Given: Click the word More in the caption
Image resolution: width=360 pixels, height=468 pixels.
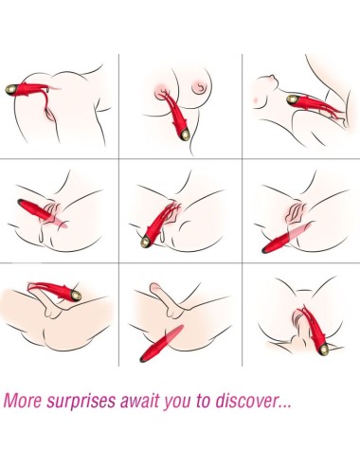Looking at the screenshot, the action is pos(23,401).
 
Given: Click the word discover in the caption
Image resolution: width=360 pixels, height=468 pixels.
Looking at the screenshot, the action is pos(245,400).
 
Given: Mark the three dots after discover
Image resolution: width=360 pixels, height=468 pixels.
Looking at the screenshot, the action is pos(283,405).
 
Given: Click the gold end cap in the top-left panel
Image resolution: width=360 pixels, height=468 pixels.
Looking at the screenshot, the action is pos(12,89).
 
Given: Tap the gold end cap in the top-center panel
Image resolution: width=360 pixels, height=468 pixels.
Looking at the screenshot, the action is pos(186,135).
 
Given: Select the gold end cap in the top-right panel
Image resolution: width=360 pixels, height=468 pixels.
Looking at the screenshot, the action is pos(293,99).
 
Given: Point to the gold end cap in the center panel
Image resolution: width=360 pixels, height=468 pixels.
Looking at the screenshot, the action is pos(146,243).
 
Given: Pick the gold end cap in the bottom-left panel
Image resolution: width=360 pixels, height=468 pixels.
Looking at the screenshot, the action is pos(76,296).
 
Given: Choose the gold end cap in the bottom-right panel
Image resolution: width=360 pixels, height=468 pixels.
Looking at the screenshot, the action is pos(323,350).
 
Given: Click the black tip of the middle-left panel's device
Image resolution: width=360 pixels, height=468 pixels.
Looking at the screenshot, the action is pos(21,202).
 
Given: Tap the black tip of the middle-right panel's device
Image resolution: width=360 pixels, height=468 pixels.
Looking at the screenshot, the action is pos(264,251).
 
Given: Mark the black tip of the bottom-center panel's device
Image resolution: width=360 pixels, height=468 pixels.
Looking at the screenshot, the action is pos(143,359).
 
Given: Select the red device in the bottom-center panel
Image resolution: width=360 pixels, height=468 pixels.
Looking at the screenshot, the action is pos(162,343).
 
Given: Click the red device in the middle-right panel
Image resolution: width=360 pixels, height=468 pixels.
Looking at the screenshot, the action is pos(287,238).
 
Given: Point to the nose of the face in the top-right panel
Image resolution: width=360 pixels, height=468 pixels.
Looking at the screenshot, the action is pos(272,77).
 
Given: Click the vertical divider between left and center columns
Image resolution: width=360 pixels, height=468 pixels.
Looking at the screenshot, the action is pos(118,210).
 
